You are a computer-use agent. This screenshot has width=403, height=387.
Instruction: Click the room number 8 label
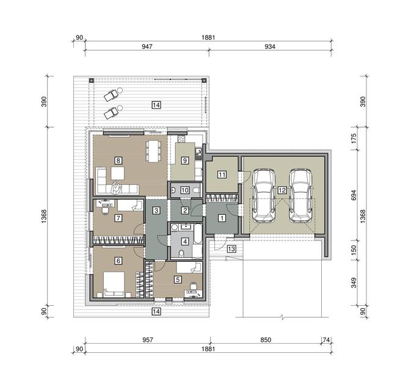pyautogui.click(x=118, y=161)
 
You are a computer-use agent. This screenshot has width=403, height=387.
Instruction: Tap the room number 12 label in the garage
pyautogui.click(x=282, y=190)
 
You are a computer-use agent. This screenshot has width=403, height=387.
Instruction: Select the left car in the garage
pyautogui.click(x=264, y=195)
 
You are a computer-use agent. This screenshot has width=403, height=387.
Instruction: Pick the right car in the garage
pyautogui.click(x=300, y=195)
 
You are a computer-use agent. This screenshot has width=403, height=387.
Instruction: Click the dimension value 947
pyautogui.click(x=147, y=46)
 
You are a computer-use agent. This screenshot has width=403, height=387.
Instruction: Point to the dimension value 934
pyautogui.click(x=270, y=46)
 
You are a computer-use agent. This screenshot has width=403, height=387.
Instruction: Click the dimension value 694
pyautogui.click(x=354, y=195)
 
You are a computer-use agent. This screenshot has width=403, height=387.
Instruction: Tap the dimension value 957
pyautogui.click(x=148, y=340)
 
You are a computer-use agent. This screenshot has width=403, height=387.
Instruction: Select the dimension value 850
pyautogui.click(x=266, y=340)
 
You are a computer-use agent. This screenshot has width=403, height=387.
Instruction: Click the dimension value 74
pyautogui.click(x=326, y=340)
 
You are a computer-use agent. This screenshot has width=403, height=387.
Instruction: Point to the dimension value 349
pyautogui.click(x=354, y=283)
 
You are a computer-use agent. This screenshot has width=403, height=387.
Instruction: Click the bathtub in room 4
pyautogui.click(x=197, y=234)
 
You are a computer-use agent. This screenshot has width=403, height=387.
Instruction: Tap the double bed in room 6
pyautogui.click(x=114, y=284)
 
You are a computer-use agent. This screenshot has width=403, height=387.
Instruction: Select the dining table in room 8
pyautogui.click(x=153, y=151)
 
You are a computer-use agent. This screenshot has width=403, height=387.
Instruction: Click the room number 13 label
pyautogui.click(x=231, y=249)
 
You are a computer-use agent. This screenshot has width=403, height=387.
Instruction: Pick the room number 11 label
pyautogui.click(x=222, y=175)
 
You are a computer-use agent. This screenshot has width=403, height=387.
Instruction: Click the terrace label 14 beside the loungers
pyautogui.click(x=156, y=105)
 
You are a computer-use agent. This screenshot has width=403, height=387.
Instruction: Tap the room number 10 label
pyautogui.click(x=185, y=190)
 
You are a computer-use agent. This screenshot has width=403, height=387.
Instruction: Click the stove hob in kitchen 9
pyautogui.click(x=181, y=139)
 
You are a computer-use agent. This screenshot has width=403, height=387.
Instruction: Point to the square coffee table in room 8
pyautogui.click(x=118, y=173)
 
